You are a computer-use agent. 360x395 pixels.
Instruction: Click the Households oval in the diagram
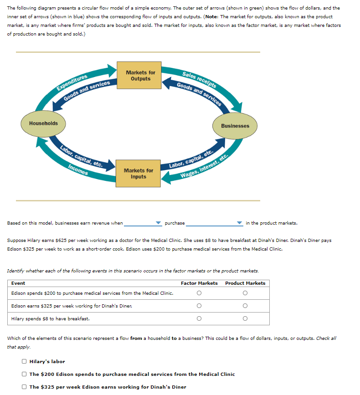(x=43, y=123)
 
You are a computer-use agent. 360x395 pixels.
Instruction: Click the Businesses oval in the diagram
(x=235, y=126)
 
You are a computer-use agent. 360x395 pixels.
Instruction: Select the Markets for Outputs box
(x=140, y=76)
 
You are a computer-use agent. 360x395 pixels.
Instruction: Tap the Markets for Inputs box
(x=139, y=174)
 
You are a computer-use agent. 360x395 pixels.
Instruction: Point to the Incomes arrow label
(x=78, y=170)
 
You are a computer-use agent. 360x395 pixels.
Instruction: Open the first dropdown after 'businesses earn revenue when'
(x=143, y=223)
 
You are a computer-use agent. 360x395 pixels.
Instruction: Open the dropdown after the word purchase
(x=214, y=223)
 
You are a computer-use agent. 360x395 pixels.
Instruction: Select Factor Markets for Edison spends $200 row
(x=199, y=293)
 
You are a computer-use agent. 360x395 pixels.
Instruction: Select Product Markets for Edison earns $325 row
(x=245, y=306)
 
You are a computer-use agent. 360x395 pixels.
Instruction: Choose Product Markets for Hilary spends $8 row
(x=245, y=319)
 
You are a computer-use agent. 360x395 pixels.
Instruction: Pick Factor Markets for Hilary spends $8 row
(x=199, y=319)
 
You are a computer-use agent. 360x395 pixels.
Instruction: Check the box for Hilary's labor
(x=24, y=362)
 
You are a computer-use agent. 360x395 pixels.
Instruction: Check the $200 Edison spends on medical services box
(x=24, y=374)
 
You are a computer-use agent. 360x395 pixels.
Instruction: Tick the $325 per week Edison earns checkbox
(x=24, y=387)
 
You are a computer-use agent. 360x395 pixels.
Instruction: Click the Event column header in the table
(x=18, y=283)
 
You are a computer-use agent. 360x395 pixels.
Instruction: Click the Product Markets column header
(x=245, y=283)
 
